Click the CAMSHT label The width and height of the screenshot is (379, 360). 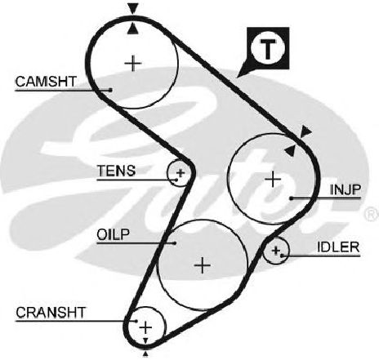coord(46,82)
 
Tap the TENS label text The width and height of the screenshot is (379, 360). coord(116,171)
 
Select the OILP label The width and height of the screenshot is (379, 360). coord(114,234)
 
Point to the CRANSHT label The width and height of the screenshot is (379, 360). coord(51,313)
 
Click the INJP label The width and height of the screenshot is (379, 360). coord(346,189)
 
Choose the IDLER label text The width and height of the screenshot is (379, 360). coord(338,247)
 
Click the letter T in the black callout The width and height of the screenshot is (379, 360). coord(268,49)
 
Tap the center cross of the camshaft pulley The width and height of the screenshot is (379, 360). coord(133,64)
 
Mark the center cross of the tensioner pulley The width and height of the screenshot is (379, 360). coord(181,173)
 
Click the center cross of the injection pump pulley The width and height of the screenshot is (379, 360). coord(273,179)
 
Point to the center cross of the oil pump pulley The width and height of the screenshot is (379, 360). coord(203,265)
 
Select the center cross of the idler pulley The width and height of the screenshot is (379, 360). coord(276,250)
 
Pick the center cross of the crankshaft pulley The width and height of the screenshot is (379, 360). coord(146,327)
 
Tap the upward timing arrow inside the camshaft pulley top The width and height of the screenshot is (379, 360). coord(133,29)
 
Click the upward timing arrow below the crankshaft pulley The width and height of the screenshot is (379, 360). coord(145,353)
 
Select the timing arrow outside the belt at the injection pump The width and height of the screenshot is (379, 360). coord(305,131)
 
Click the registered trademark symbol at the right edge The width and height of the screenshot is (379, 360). coord(372,214)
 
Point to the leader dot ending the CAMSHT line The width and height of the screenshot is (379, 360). coord(110,90)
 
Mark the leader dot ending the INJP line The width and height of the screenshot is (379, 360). coord(292,198)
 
